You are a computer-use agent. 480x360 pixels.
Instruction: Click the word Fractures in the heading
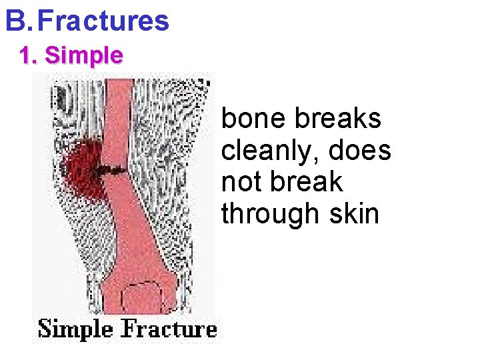coord(103,21)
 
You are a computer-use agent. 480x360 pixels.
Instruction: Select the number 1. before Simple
coord(29,55)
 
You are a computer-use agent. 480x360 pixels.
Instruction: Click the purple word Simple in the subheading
coord(84,55)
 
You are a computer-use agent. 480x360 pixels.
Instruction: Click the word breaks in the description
coord(339,119)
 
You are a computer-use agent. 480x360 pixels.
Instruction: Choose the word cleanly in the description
coord(273,151)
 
